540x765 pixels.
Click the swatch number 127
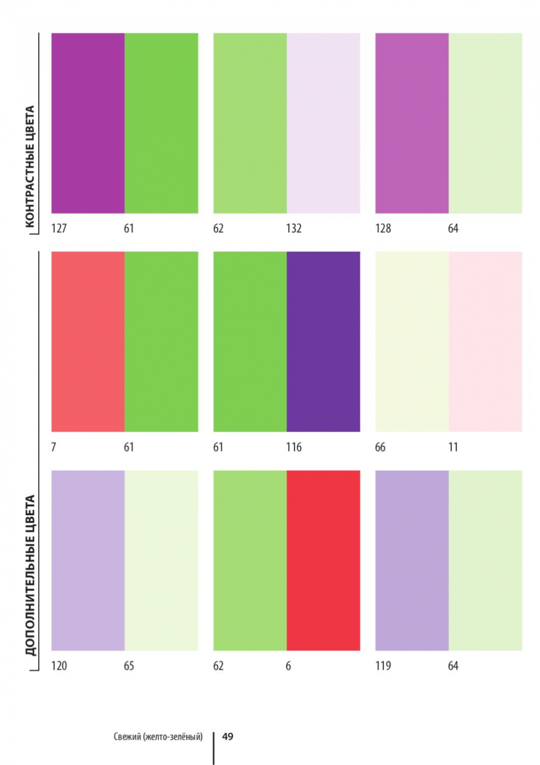59,229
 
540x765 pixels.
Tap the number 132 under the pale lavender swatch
294,229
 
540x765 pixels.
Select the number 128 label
383,229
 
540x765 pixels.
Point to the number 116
294,447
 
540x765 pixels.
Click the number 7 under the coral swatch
54,447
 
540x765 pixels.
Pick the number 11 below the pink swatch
453,447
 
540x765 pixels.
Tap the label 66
380,447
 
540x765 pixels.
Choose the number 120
59,666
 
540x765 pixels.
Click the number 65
129,666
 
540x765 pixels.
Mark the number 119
383,666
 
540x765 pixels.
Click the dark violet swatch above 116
323,342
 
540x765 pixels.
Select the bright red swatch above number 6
323,560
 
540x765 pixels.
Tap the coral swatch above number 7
88,342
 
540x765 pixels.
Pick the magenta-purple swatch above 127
88,123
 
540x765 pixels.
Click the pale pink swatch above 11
485,342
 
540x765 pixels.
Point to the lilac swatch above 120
88,560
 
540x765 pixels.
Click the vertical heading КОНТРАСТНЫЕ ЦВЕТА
30,166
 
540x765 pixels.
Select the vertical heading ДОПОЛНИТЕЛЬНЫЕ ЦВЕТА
30,575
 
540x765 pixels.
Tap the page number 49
228,737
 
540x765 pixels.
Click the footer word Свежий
127,737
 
